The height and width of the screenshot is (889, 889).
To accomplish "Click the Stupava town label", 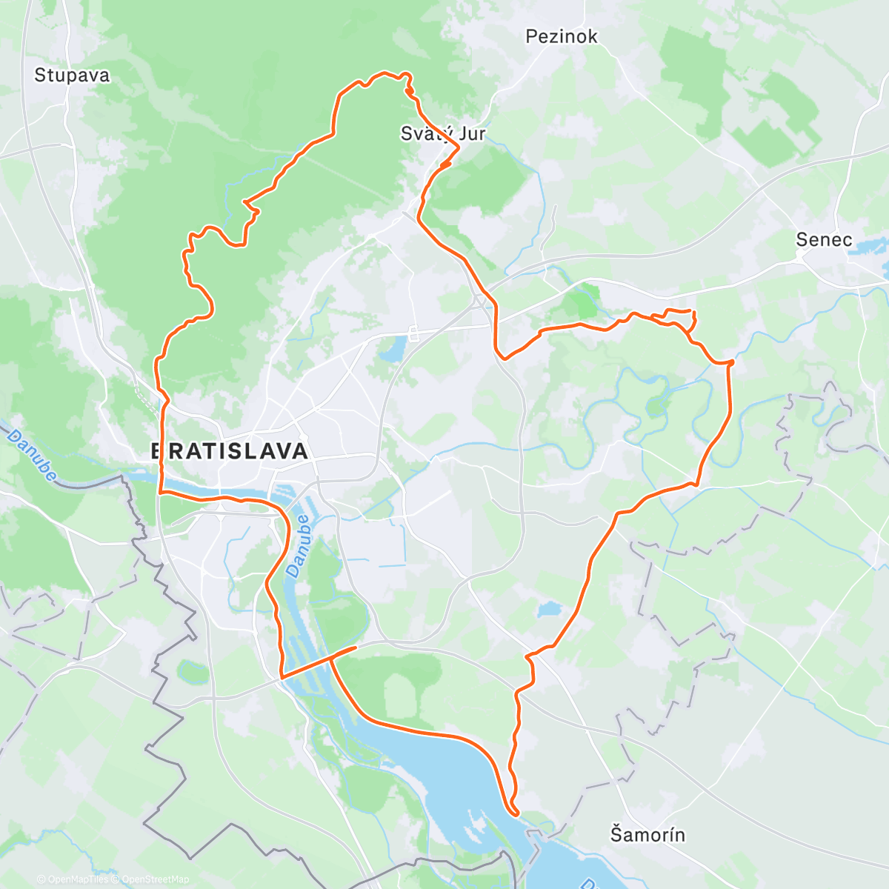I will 72,75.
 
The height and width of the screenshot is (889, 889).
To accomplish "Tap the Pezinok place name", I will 561,36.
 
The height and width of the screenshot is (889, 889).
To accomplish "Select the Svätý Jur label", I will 443,133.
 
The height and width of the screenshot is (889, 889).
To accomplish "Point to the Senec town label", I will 824,239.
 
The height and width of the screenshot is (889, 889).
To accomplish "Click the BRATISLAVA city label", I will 229,451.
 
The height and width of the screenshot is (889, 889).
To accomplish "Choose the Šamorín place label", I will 647,835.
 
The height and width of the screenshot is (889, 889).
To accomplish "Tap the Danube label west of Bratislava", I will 33,457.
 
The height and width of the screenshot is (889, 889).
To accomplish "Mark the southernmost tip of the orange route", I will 516,813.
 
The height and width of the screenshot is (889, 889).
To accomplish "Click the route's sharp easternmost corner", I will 732,362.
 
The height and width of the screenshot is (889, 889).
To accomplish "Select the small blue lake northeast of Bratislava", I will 393,348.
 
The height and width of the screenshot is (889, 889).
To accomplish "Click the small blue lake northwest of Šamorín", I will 550,610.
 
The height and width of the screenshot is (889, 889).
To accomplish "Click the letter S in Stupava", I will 40,75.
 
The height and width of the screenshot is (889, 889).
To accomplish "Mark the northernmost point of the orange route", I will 385,73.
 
